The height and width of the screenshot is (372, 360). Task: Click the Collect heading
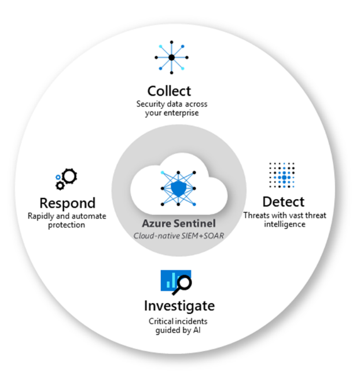coord(168,91)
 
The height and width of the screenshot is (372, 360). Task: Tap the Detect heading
coord(283,202)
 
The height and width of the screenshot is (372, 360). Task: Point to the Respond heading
coord(67,203)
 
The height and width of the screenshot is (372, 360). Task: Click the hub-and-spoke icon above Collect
coord(172,58)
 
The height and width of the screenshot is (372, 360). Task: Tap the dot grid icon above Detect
coord(283,174)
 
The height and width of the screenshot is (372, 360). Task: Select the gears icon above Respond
coord(65,179)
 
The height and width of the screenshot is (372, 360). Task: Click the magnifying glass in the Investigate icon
coord(184,282)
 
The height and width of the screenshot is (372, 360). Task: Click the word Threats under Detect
coord(258,216)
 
